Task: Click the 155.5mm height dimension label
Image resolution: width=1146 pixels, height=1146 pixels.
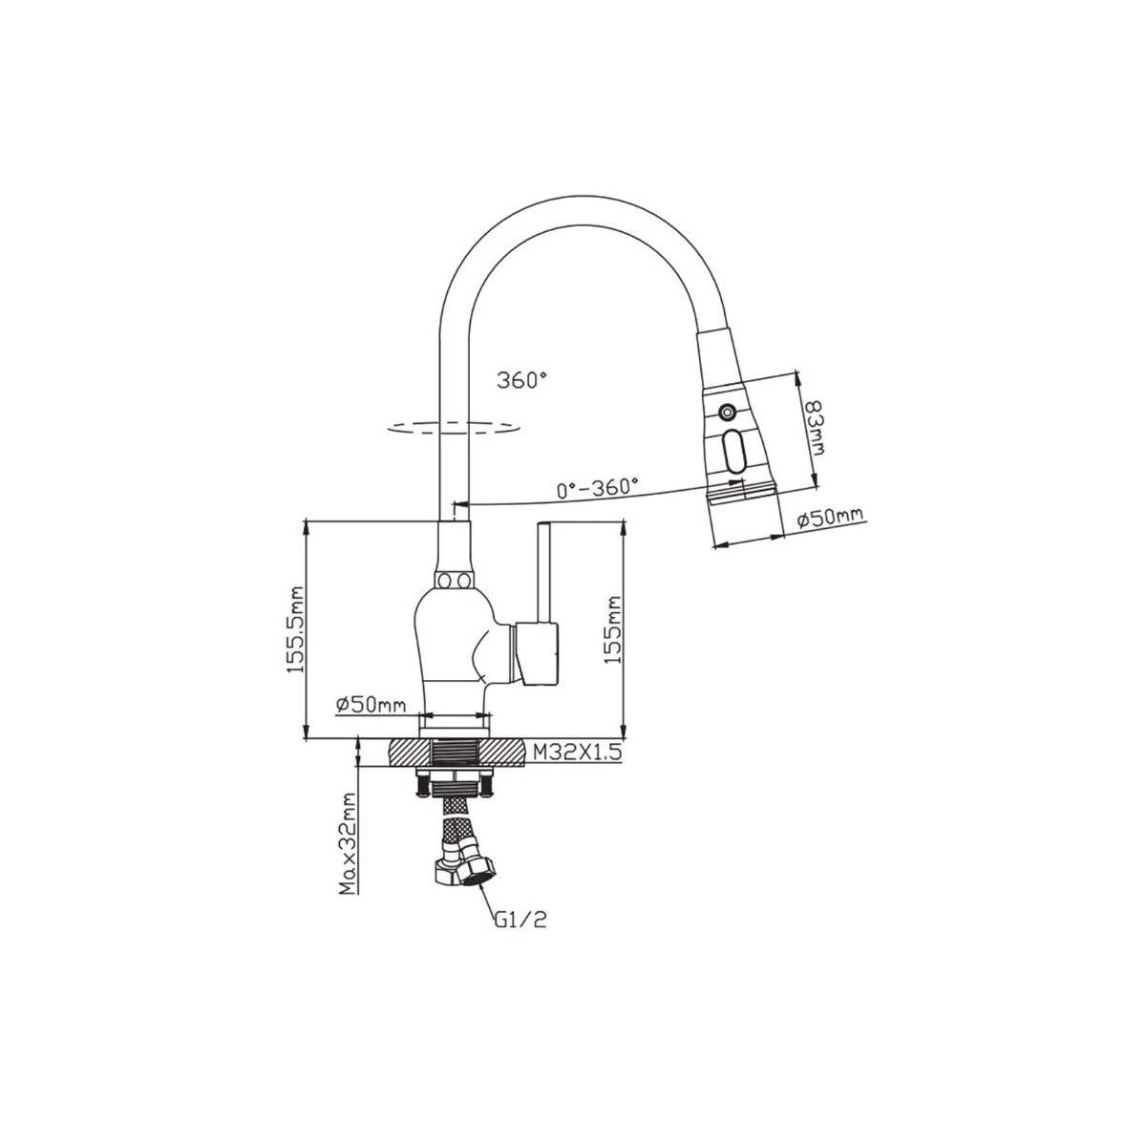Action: pyautogui.click(x=295, y=629)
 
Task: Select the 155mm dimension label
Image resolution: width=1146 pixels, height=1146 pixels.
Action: pyautogui.click(x=611, y=630)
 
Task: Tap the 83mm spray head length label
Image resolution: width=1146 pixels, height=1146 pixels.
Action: pyautogui.click(x=813, y=426)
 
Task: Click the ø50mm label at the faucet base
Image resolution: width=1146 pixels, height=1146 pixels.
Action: pyautogui.click(x=371, y=706)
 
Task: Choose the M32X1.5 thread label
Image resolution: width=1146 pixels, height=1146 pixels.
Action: pyautogui.click(x=577, y=753)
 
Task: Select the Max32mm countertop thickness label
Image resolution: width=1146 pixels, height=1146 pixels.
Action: pyautogui.click(x=347, y=853)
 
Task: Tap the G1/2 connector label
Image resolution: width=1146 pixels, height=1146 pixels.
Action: pyautogui.click(x=520, y=939)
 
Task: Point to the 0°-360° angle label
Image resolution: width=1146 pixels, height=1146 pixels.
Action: pyautogui.click(x=597, y=487)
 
